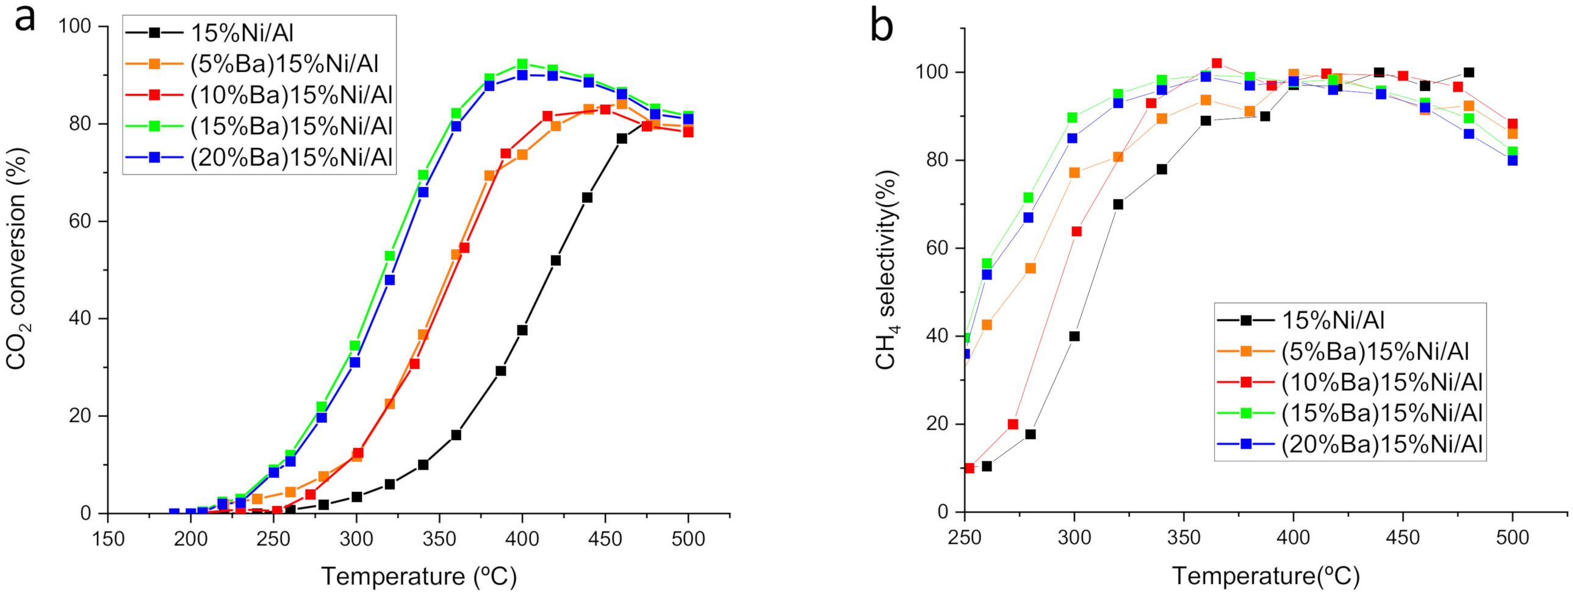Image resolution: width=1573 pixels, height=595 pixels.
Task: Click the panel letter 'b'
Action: tap(882, 26)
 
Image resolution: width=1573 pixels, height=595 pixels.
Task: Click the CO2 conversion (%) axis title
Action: tap(17, 258)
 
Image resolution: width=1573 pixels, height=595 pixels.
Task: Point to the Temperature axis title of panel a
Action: tap(419, 576)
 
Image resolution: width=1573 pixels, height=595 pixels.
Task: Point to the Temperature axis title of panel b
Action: tap(1265, 576)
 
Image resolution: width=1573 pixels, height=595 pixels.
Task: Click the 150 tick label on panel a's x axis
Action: tap(108, 540)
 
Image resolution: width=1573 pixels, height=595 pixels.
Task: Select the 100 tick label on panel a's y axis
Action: tap(74, 26)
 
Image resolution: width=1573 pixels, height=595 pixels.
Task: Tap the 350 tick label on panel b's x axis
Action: tap(1184, 538)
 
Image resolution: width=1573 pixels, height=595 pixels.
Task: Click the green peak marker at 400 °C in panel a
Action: tap(522, 64)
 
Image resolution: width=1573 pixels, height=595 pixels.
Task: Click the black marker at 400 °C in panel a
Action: tap(522, 330)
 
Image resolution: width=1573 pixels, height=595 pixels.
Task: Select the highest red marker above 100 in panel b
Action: tap(1217, 63)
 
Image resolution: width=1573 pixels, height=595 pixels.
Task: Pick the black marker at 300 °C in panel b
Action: tap(1074, 337)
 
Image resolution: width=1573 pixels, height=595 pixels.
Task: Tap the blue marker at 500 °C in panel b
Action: tap(1513, 160)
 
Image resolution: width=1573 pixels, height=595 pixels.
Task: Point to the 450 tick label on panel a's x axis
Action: tap(605, 540)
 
